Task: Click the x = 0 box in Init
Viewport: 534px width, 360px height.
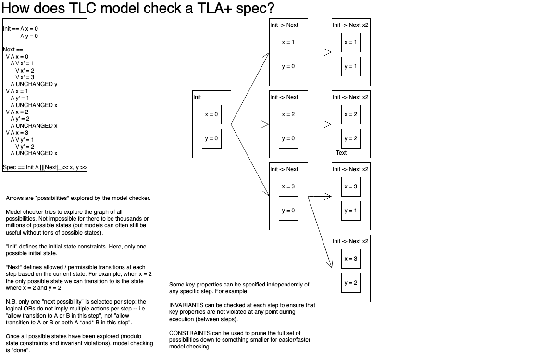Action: (x=211, y=114)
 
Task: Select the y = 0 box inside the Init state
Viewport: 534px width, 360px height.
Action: (x=211, y=138)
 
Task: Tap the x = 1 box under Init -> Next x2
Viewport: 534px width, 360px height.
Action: (x=351, y=42)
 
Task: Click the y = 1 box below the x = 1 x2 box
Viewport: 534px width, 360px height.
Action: (x=351, y=66)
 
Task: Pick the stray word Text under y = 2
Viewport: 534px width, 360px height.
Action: (x=341, y=153)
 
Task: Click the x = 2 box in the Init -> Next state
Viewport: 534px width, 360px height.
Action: (x=288, y=114)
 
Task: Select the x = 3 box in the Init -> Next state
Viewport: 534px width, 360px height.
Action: (x=288, y=186)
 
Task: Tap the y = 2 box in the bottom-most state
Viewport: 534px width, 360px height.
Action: (x=351, y=283)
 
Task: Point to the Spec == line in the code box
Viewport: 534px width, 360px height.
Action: (x=45, y=167)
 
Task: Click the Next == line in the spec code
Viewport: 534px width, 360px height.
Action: (x=12, y=50)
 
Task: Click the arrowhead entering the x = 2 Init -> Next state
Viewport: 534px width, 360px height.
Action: (x=266, y=124)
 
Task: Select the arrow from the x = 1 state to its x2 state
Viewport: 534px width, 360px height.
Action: (x=320, y=52)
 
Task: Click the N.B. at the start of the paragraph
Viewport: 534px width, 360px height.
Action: (x=11, y=302)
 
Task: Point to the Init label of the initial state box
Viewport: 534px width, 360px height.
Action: (x=197, y=97)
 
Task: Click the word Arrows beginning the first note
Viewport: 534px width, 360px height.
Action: (x=14, y=198)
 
